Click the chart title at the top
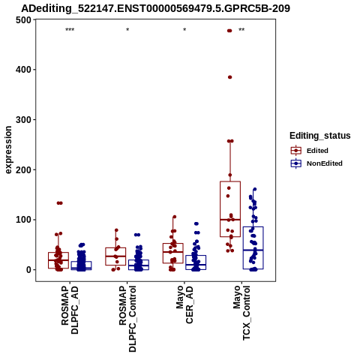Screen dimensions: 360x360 (x=155, y=8)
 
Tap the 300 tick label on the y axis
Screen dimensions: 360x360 (x=23, y=120)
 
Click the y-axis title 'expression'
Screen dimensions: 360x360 (x=8, y=150)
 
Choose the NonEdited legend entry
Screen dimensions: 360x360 (x=316, y=163)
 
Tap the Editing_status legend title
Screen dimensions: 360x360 (x=320, y=136)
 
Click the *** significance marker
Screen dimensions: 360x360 (x=70, y=30)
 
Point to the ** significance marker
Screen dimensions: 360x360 (x=241, y=30)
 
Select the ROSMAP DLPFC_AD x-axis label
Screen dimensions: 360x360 (x=70, y=310)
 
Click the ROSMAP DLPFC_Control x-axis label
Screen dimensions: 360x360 (x=127, y=319)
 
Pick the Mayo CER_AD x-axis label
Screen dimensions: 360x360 (x=184, y=304)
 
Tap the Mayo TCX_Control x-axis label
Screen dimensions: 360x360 (x=241, y=313)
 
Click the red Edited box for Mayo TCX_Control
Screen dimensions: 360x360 (x=230, y=181)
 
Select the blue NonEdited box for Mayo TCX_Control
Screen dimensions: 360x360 (x=253, y=227)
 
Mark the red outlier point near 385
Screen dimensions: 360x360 (x=230, y=77)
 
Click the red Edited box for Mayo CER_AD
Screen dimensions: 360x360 (x=173, y=244)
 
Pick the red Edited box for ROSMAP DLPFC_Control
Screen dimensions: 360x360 (x=115, y=248)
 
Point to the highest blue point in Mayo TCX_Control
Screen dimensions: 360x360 (x=255, y=190)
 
